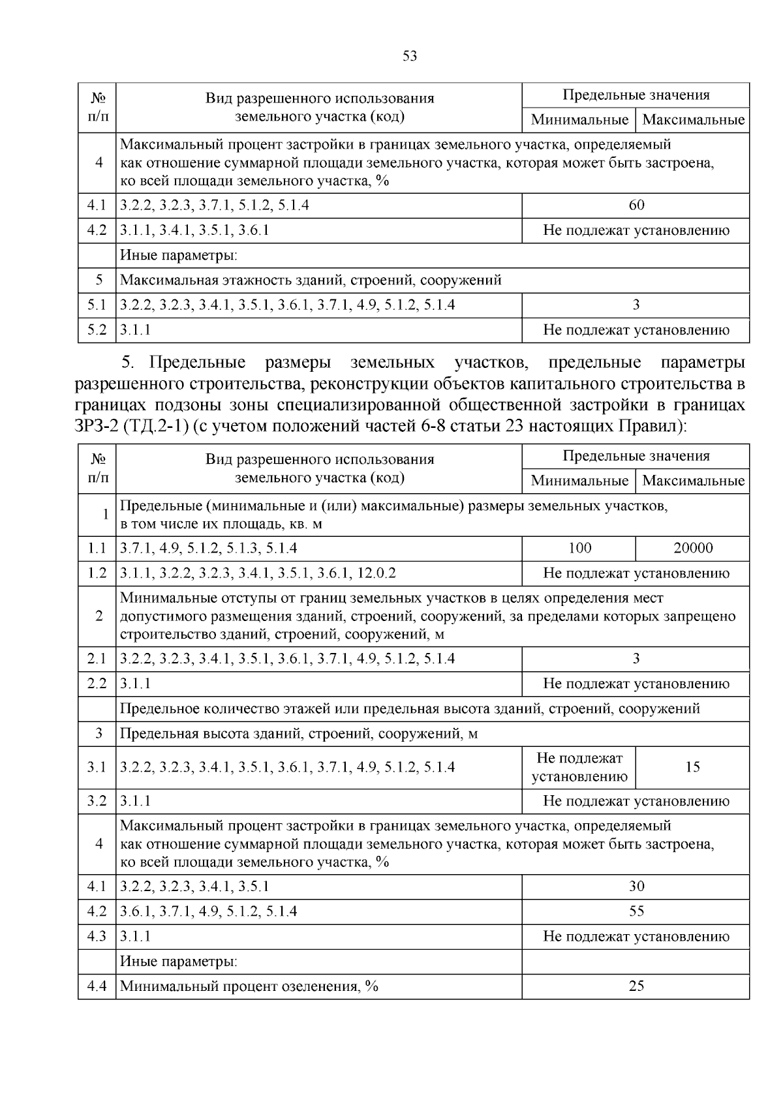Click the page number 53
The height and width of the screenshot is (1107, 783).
[410, 56]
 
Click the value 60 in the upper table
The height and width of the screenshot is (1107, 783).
[636, 205]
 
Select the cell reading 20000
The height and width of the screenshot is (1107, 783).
[693, 549]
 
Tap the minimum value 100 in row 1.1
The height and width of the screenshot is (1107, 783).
[579, 549]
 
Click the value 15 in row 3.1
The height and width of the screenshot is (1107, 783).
[693, 767]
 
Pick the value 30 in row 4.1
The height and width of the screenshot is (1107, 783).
[636, 887]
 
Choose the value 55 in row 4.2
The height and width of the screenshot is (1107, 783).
[636, 911]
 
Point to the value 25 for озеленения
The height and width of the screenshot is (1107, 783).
[636, 986]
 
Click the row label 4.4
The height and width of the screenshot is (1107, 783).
[97, 986]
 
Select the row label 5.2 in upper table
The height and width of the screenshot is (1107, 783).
[97, 330]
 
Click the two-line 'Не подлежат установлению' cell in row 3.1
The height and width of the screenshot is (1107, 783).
[579, 767]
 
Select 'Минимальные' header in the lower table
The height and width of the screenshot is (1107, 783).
[579, 481]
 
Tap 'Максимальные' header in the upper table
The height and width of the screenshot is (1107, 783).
[693, 120]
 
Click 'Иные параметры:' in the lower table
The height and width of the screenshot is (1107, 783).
[178, 962]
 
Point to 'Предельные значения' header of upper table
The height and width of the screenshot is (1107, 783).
[636, 95]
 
